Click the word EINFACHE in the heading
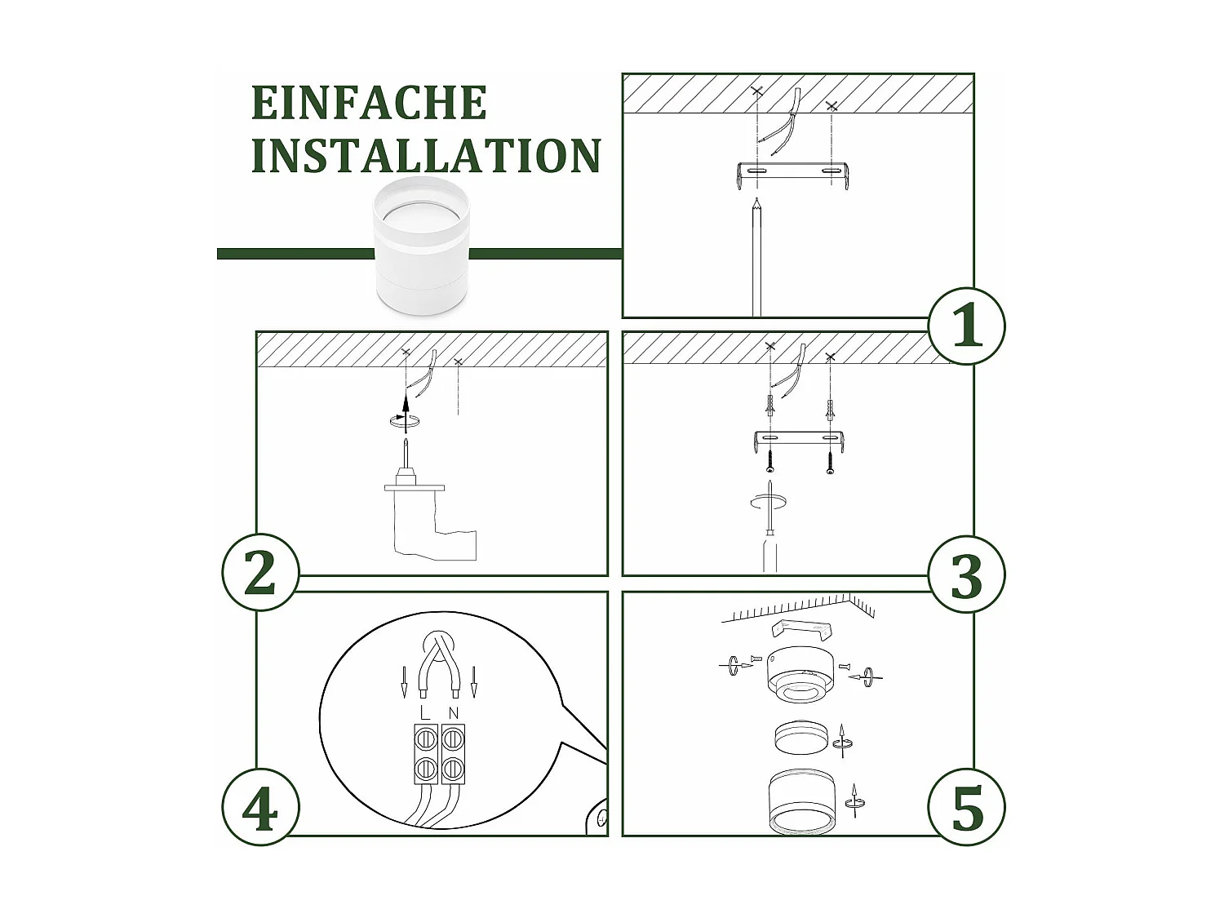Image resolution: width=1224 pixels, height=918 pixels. coord(368,103)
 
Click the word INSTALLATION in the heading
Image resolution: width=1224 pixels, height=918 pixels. coord(425,156)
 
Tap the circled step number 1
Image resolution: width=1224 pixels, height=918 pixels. coord(967,326)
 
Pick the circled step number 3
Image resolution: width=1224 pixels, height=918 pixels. coord(967,574)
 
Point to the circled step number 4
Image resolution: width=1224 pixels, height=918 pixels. coord(260,809)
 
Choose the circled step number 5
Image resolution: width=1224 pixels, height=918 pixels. coord(967,809)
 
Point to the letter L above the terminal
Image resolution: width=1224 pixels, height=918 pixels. coord(424,712)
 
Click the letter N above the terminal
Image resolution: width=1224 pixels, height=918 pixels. coord(454,712)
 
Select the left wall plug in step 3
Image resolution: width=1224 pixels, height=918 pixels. coord(769,406)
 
